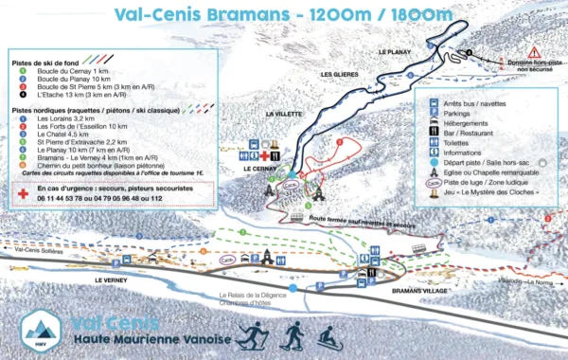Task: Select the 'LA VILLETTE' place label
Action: tap(283, 115)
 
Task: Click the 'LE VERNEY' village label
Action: tap(112, 281)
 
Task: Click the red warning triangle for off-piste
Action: tap(534, 51)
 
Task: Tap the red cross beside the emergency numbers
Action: tap(22, 191)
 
